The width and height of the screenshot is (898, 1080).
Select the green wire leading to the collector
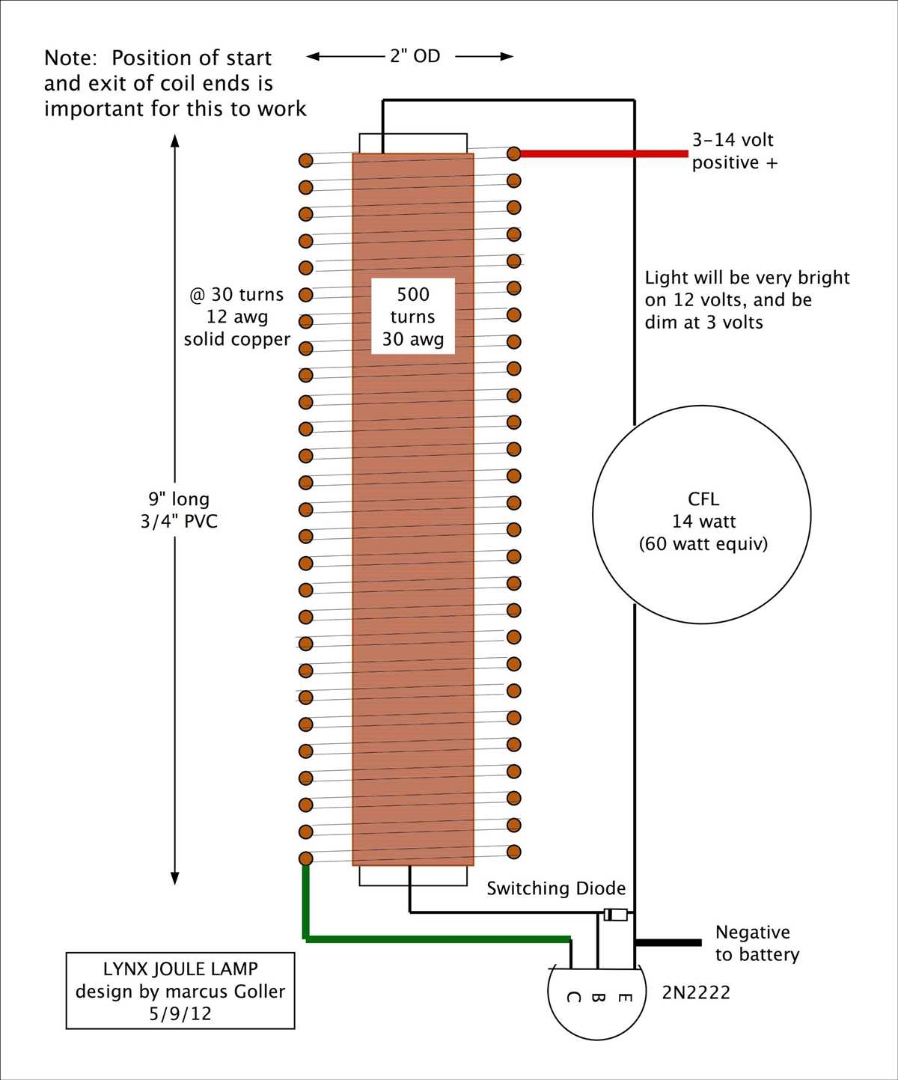(x=434, y=939)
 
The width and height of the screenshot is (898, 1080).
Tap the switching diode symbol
(x=616, y=915)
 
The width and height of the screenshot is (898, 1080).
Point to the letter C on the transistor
(x=572, y=997)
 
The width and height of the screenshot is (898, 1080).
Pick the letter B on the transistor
(x=598, y=997)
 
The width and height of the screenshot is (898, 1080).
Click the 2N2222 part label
(x=695, y=992)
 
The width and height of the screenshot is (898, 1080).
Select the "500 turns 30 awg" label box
(x=413, y=316)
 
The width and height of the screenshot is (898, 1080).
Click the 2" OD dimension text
(x=415, y=56)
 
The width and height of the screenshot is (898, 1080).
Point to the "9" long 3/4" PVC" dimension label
(x=179, y=510)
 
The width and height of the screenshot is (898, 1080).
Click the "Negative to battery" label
(x=757, y=943)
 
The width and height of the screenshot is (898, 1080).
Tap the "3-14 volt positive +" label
(x=734, y=151)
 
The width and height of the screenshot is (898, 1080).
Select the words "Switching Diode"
(x=555, y=888)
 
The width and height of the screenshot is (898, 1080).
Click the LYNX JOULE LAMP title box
(x=180, y=990)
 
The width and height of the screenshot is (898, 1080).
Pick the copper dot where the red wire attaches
(x=513, y=153)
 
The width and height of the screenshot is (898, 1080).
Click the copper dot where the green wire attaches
(x=305, y=858)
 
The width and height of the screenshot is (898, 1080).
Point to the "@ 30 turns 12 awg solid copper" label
(x=237, y=317)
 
